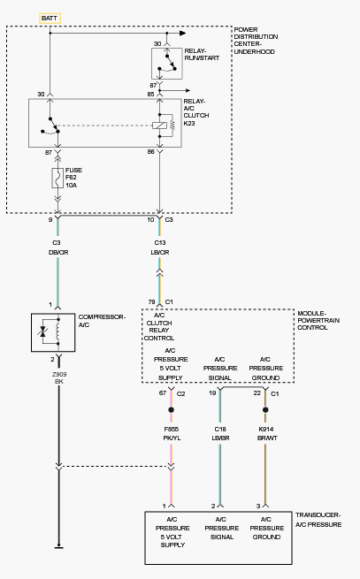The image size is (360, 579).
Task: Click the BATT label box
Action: click(50, 19)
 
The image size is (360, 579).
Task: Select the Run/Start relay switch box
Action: click(167, 64)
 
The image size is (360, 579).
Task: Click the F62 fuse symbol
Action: click(57, 178)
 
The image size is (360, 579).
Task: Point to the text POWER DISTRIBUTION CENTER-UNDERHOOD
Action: click(256, 41)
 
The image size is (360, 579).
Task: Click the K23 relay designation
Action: click(189, 124)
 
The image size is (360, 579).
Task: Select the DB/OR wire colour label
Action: click(58, 253)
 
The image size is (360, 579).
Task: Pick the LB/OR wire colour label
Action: click(160, 253)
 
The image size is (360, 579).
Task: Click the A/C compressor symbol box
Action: click(53, 332)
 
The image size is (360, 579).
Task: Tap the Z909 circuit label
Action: click(59, 374)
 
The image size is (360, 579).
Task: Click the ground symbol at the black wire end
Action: click(58, 547)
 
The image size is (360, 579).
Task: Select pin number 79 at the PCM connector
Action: click(151, 302)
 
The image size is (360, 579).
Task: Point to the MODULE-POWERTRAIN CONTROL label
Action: click(318, 321)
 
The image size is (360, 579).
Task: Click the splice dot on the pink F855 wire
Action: click(171, 410)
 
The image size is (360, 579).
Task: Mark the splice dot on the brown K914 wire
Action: click(265, 410)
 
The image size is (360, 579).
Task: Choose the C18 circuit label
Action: click(220, 429)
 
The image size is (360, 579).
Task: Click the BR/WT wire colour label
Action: click(267, 438)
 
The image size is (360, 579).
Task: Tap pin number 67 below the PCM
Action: click(163, 392)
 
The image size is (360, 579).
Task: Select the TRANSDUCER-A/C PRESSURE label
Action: click(318, 520)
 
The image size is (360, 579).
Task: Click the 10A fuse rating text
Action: click(72, 186)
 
